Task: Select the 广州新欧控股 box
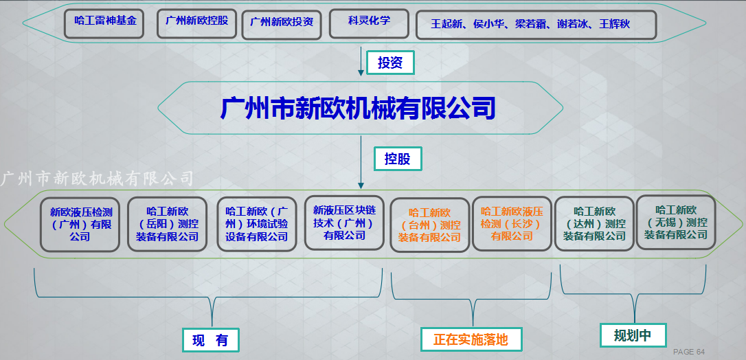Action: click(x=197, y=23)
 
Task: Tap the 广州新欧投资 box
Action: click(x=282, y=24)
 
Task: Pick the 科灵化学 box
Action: click(x=369, y=23)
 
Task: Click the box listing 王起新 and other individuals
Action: click(x=536, y=24)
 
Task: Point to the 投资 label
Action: click(x=390, y=63)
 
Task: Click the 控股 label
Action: click(x=397, y=159)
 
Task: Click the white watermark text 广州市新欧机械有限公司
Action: click(x=98, y=179)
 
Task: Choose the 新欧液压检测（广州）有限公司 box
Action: click(x=80, y=225)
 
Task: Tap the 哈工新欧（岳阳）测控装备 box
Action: click(x=167, y=224)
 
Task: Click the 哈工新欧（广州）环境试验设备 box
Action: click(x=257, y=224)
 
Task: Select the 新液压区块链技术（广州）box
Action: click(x=344, y=223)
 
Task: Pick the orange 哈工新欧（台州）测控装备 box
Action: click(x=429, y=225)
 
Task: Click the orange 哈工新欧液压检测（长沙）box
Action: click(x=512, y=223)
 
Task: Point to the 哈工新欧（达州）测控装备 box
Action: click(x=594, y=223)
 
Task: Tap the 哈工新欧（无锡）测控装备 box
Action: click(x=676, y=222)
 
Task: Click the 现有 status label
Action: click(x=210, y=339)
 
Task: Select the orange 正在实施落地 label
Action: click(x=471, y=339)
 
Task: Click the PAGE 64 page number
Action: click(x=689, y=352)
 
